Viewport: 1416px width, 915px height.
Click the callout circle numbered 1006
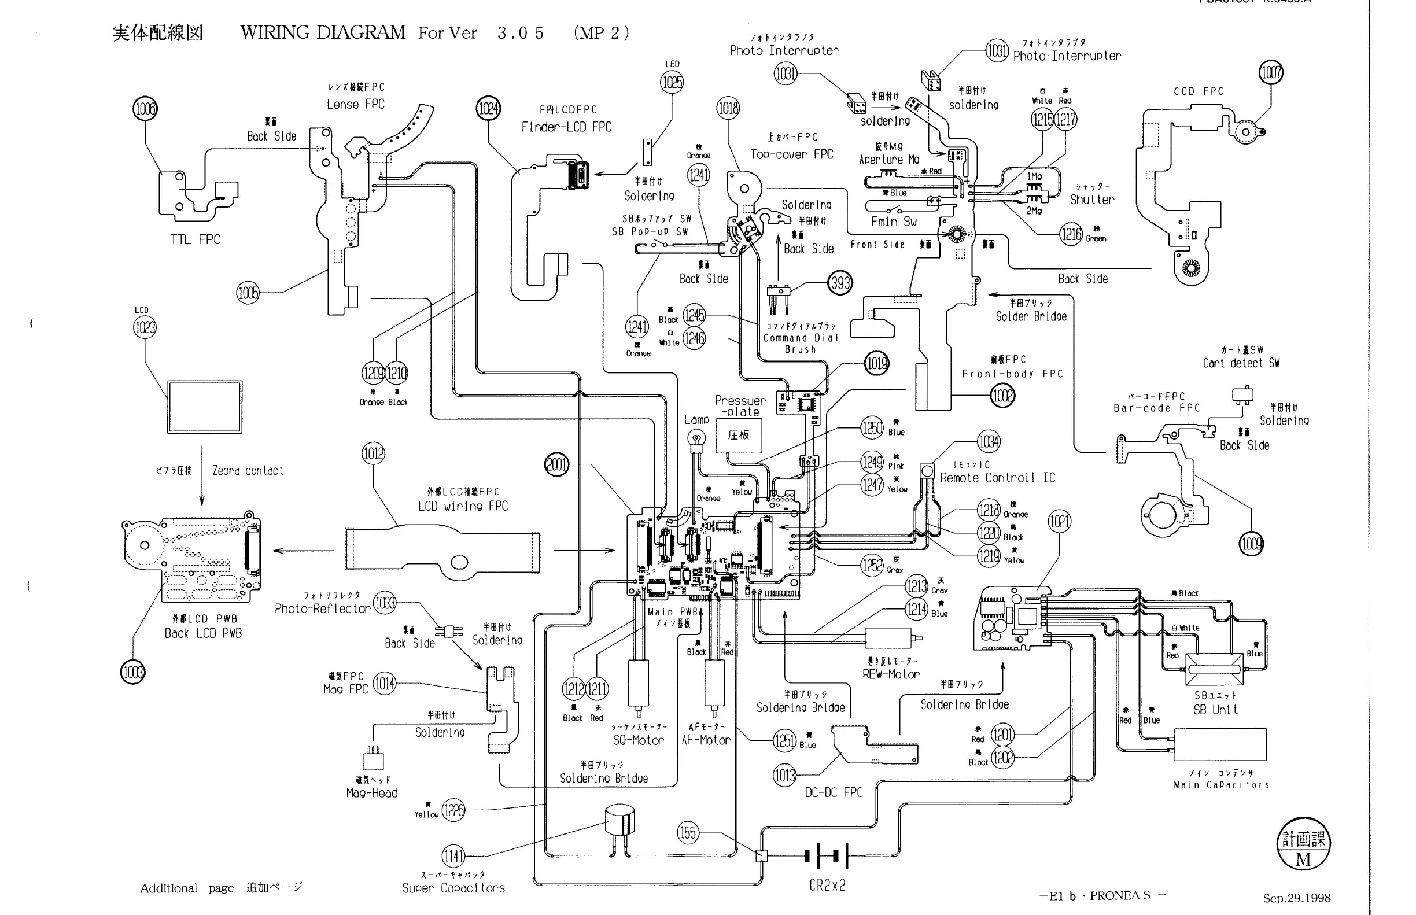click(145, 109)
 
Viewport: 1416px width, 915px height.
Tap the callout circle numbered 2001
click(557, 464)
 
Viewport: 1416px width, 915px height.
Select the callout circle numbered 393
click(840, 283)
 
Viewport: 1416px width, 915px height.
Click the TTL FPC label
click(195, 239)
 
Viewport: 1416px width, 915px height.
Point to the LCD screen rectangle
click(204, 407)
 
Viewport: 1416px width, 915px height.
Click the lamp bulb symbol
click(696, 440)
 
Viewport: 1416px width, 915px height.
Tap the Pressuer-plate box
click(739, 436)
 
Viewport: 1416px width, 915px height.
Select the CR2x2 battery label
click(827, 886)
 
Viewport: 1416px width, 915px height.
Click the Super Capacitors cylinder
click(620, 821)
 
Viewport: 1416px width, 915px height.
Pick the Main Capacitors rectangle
click(1220, 744)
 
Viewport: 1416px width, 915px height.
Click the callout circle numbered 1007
click(1271, 72)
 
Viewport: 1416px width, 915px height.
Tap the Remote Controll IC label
click(997, 478)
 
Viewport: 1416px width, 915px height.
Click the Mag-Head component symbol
click(373, 760)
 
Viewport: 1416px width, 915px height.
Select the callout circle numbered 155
click(688, 832)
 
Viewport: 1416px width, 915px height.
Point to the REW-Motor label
click(891, 674)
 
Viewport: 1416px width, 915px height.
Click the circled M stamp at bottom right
click(1304, 843)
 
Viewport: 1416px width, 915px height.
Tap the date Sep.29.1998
click(1297, 898)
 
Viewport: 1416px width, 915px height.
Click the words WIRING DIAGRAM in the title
click(323, 32)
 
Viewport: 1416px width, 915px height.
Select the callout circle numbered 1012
click(373, 454)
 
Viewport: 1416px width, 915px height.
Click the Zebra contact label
click(247, 471)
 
